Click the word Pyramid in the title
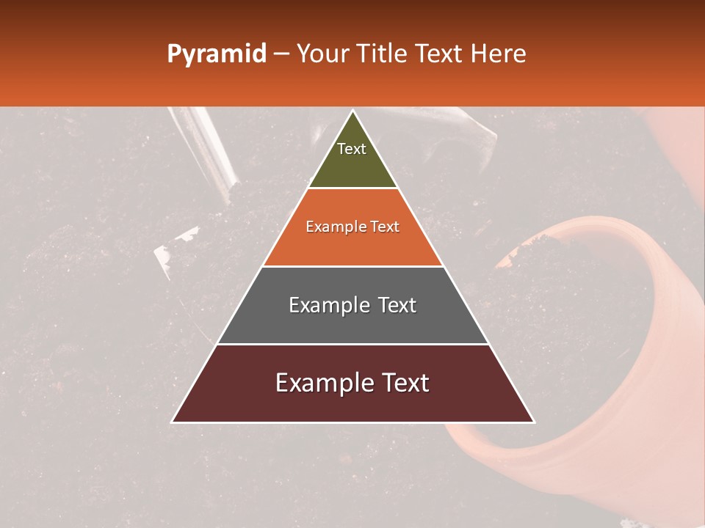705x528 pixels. point(217,54)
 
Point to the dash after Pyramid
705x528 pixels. point(281,54)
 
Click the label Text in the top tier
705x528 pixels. point(352,149)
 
